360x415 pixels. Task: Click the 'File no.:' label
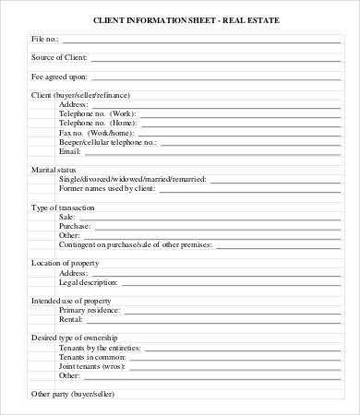tap(45, 40)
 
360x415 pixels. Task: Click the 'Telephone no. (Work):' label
tap(97, 113)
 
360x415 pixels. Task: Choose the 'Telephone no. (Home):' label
tap(97, 123)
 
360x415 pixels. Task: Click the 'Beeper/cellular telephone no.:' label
tap(108, 142)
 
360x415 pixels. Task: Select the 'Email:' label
tap(70, 151)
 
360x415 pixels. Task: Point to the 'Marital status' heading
tap(54, 170)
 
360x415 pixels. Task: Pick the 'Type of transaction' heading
tap(63, 207)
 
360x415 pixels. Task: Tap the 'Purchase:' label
tap(76, 226)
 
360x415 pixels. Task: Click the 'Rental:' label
tap(72, 320)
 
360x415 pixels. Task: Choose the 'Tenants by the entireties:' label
tap(100, 348)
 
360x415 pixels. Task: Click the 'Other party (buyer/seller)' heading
tap(72, 394)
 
